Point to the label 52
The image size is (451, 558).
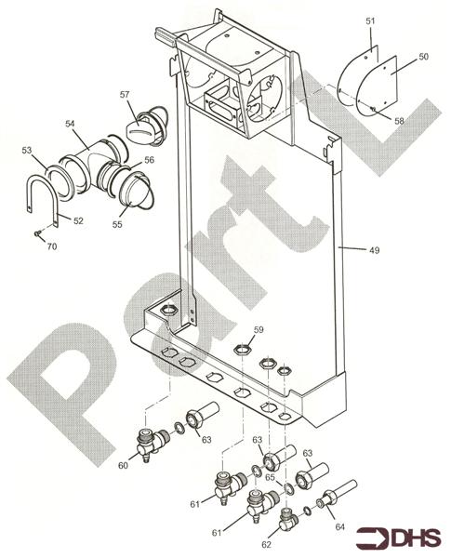tap(78, 220)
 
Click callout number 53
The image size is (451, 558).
tap(27, 149)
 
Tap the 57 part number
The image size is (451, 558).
tap(124, 94)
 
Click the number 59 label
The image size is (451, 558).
tap(259, 329)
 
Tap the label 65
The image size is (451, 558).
tap(270, 477)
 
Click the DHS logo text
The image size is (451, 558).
tap(414, 538)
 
